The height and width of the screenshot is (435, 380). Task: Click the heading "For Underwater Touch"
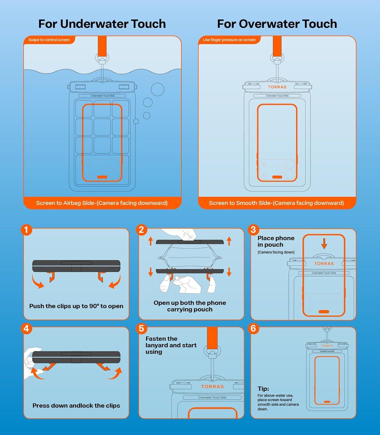click(102, 24)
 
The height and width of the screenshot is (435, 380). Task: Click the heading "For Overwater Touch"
click(277, 24)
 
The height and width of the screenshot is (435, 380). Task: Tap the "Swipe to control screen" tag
click(49, 40)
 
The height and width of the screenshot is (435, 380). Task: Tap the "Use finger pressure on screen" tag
click(229, 40)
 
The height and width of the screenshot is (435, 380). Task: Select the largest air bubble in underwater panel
click(157, 90)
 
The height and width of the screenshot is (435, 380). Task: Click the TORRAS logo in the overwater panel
click(277, 87)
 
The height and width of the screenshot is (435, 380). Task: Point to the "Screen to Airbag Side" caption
click(102, 203)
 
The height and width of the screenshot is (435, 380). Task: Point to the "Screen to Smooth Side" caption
click(276, 203)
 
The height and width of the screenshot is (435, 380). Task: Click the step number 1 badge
click(26, 230)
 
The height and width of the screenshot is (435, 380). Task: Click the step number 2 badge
click(141, 230)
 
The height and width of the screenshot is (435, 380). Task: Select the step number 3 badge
click(253, 230)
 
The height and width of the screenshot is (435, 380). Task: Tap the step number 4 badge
click(26, 329)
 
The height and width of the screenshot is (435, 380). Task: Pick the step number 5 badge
click(141, 329)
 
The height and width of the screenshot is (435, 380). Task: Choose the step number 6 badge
click(253, 329)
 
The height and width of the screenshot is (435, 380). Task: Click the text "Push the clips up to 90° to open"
click(76, 306)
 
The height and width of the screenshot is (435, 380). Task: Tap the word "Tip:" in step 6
click(263, 389)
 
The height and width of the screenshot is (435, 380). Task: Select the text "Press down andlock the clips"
click(76, 406)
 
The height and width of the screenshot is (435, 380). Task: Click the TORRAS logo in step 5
click(212, 387)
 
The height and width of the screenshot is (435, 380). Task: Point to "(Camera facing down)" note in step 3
click(276, 252)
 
